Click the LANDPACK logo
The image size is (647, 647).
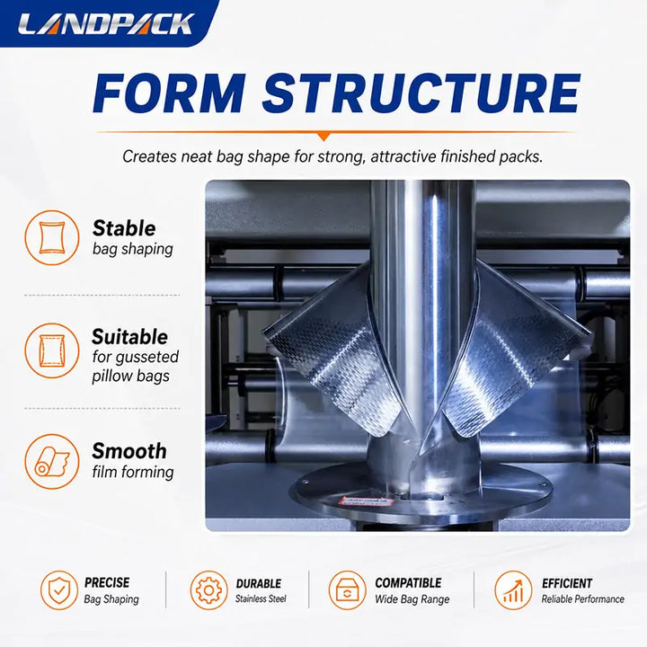click(106, 24)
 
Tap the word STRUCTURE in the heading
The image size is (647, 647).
click(421, 93)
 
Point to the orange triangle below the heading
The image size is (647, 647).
click(324, 137)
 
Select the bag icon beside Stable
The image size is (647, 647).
click(52, 237)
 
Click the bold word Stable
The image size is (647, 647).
click(124, 228)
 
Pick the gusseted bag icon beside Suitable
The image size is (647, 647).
click(52, 350)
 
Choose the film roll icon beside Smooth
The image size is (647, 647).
click(52, 462)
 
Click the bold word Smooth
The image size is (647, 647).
click(129, 451)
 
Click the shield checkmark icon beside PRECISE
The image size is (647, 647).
click(59, 590)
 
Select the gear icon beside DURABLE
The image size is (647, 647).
click(208, 590)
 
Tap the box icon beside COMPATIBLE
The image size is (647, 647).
click(348, 590)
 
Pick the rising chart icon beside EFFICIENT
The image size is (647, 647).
click(513, 590)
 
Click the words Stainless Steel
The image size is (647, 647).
click(261, 598)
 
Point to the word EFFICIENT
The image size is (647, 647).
click(567, 583)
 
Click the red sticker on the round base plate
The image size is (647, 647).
click(366, 501)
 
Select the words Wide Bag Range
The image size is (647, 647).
click(412, 599)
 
